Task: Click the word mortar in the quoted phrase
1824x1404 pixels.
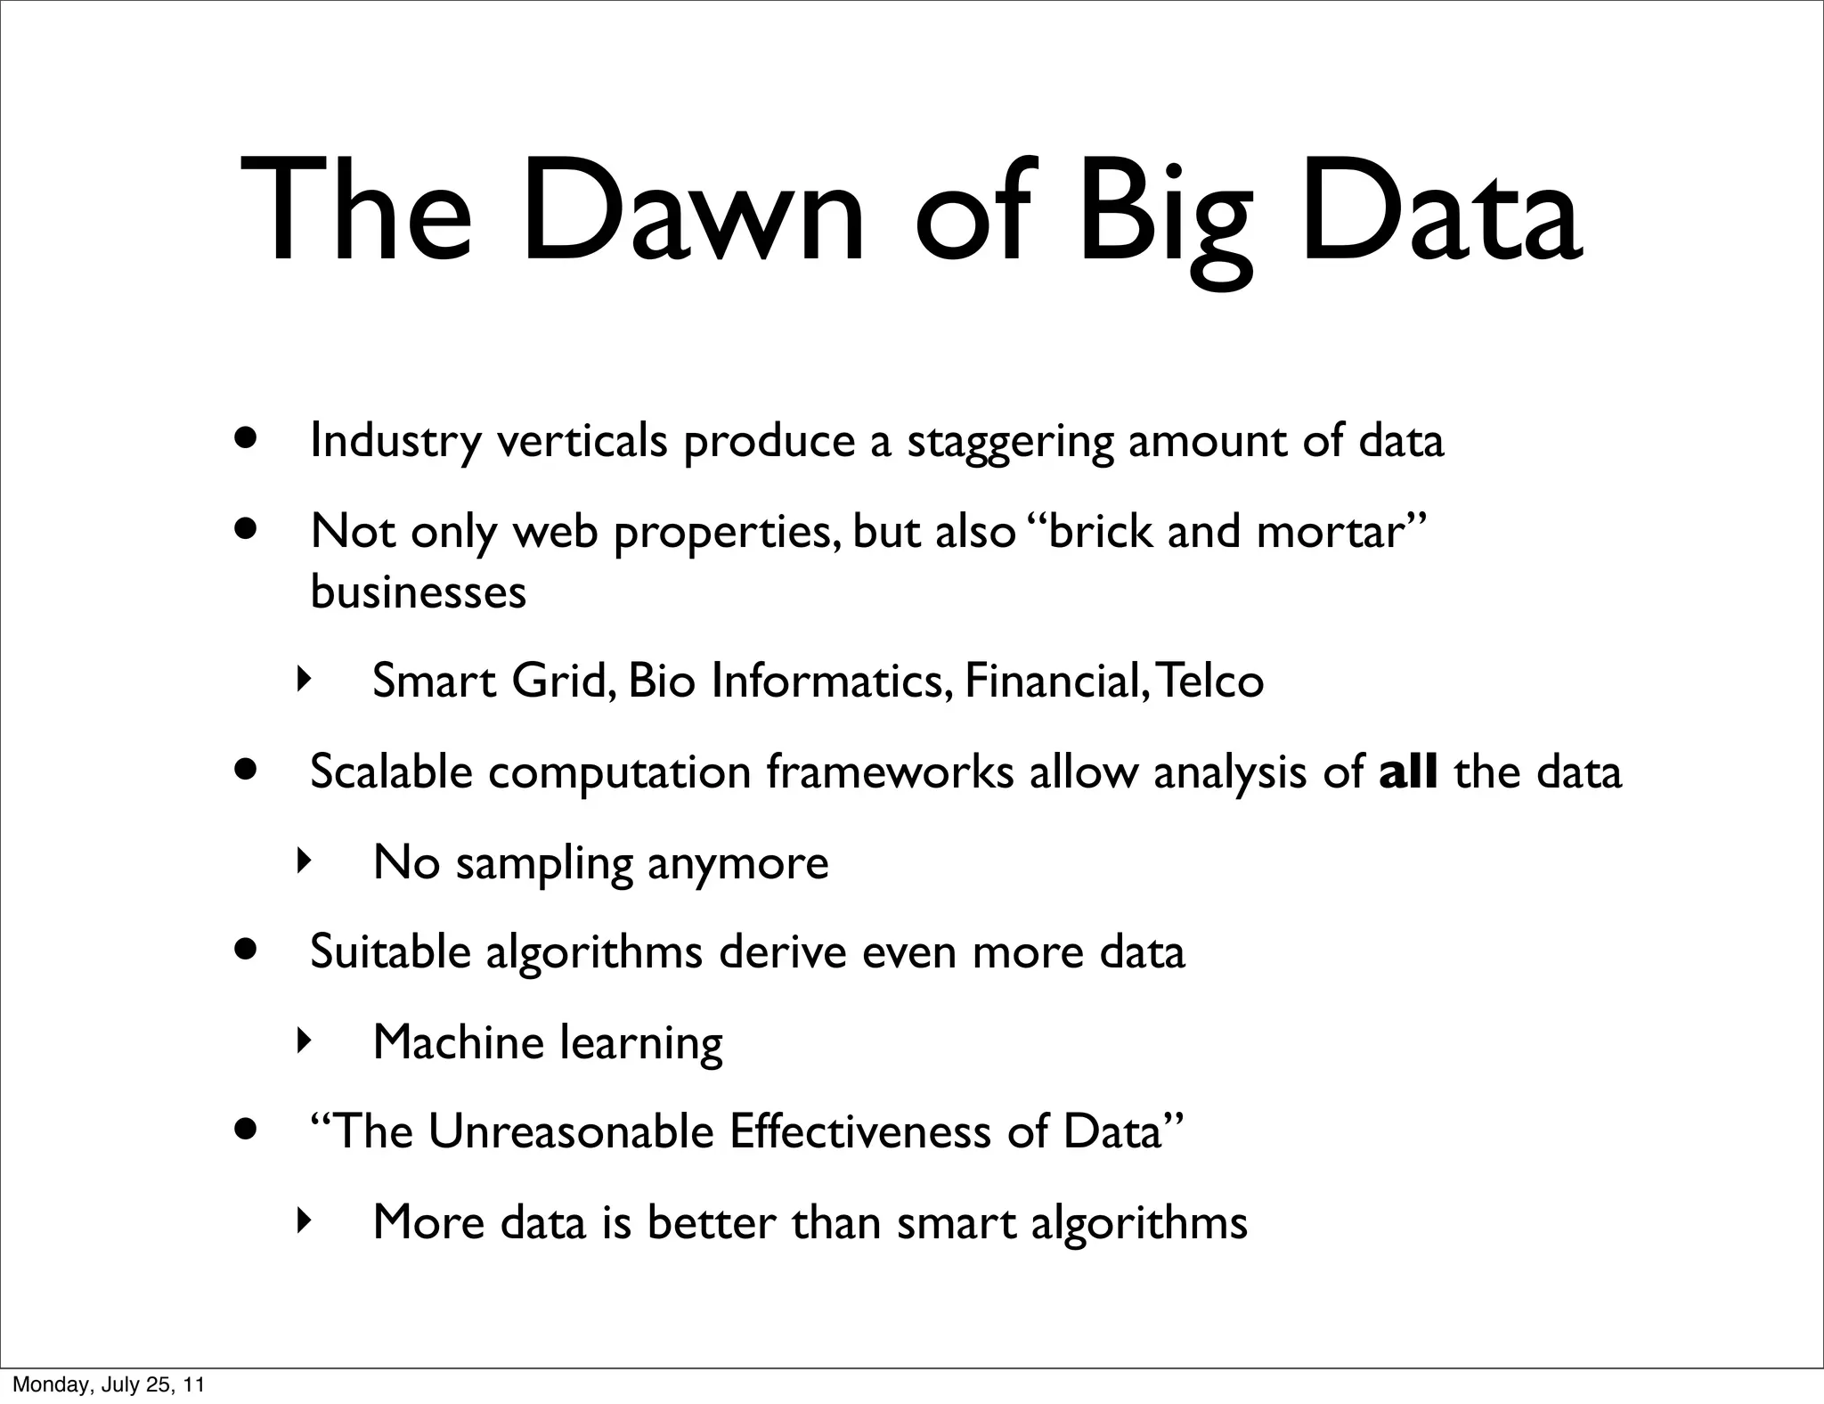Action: pyautogui.click(x=1331, y=532)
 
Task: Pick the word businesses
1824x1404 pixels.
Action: pyautogui.click(x=418, y=592)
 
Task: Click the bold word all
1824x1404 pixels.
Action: pyautogui.click(x=1408, y=771)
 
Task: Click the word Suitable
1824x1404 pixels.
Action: pyautogui.click(x=389, y=951)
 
